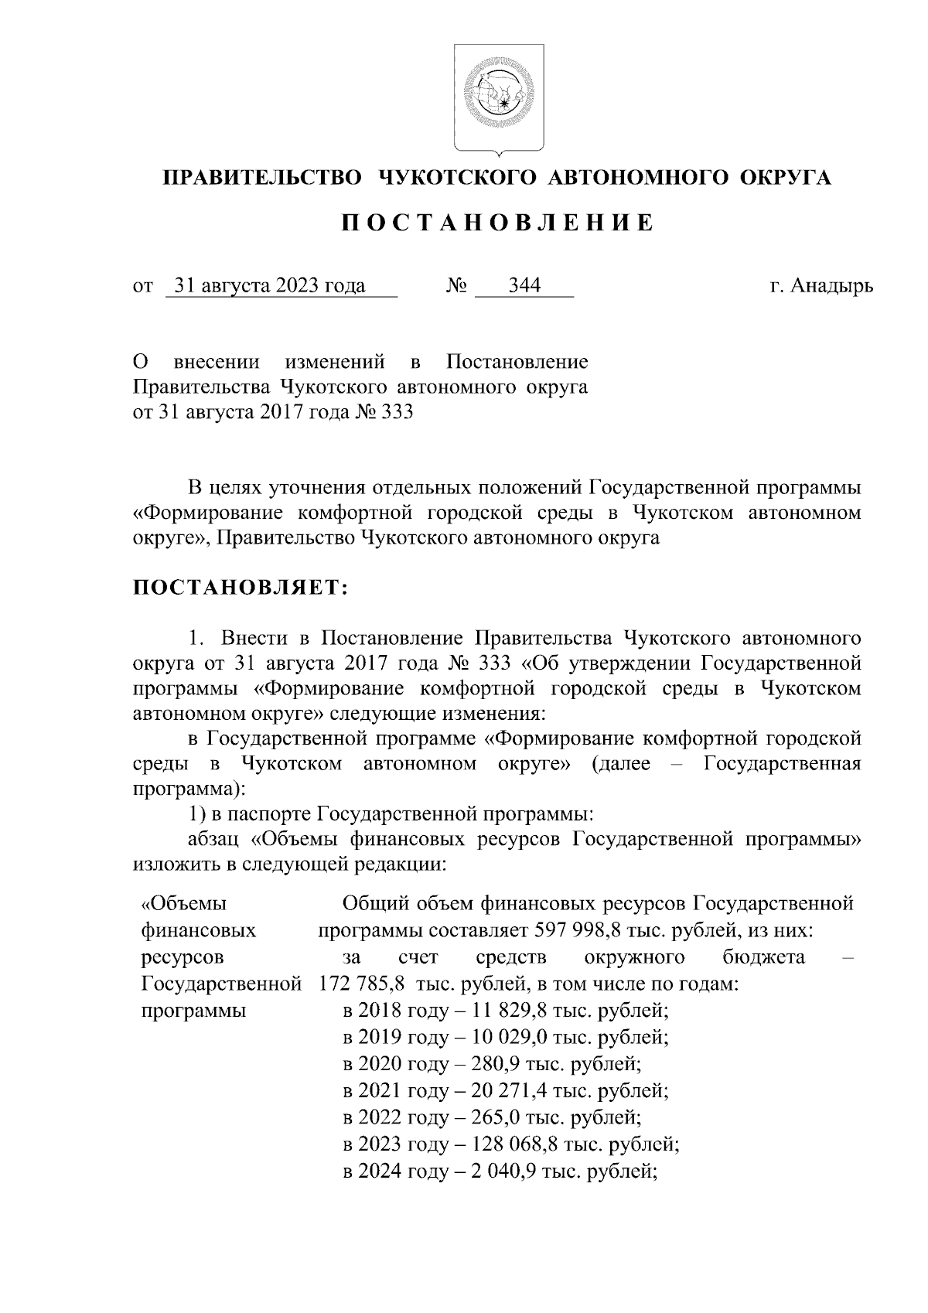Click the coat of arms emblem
(x=499, y=97)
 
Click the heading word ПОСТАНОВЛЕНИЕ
(x=499, y=223)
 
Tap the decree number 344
(x=524, y=286)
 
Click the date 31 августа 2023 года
(x=270, y=286)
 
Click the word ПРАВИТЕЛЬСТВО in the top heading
(x=262, y=178)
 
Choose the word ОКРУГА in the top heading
(x=786, y=178)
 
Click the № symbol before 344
(x=456, y=286)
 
